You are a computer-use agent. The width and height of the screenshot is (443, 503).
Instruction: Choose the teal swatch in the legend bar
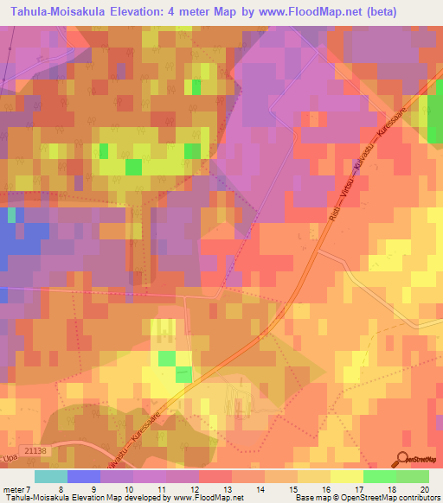point(50,475)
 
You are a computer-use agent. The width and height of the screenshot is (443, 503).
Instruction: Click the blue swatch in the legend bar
point(83,475)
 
